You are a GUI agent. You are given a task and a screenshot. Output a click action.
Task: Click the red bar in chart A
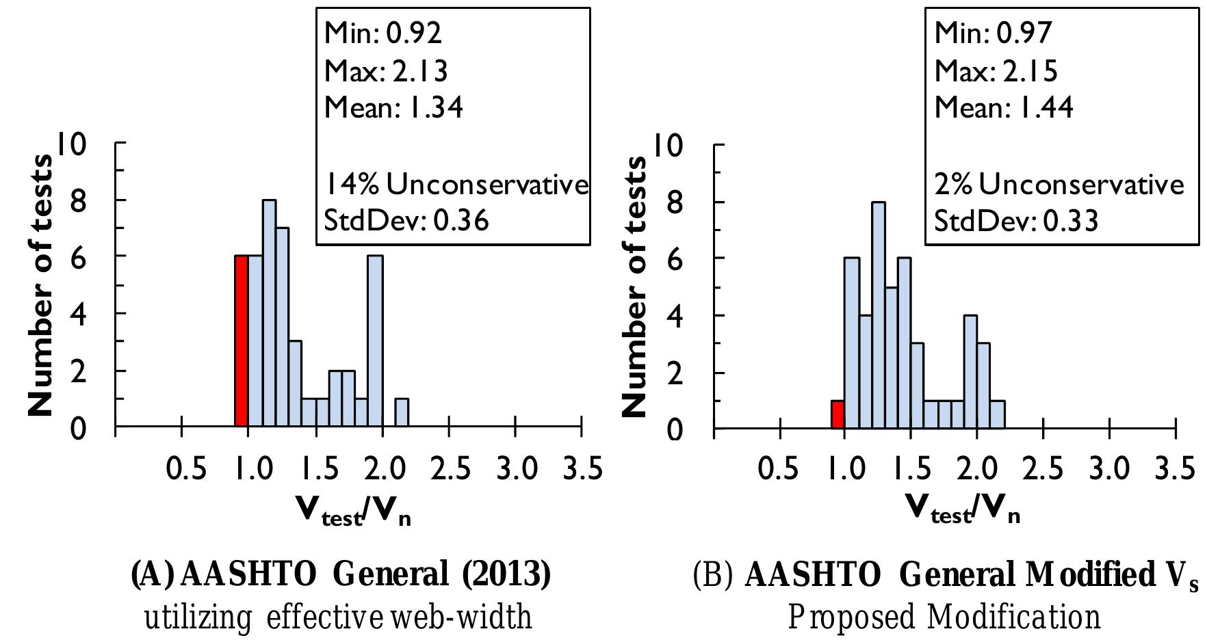(x=241, y=341)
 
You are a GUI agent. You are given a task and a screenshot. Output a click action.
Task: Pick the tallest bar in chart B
(x=878, y=315)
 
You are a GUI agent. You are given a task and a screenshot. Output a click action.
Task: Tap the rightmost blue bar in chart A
(x=402, y=413)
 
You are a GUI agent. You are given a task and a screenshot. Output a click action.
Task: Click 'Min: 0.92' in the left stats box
(x=382, y=32)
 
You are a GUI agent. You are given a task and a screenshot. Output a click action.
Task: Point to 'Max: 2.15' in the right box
(x=996, y=70)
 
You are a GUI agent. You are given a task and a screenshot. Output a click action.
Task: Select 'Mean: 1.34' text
(x=393, y=107)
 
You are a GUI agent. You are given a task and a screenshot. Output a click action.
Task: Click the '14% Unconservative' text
(x=456, y=184)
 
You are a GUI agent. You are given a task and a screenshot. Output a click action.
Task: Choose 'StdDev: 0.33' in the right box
(x=1016, y=221)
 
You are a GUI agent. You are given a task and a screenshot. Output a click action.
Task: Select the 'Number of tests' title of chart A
(x=40, y=285)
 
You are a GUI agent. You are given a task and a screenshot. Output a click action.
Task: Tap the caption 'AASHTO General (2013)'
(x=340, y=574)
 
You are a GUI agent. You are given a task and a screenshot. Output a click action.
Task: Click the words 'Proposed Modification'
(x=945, y=617)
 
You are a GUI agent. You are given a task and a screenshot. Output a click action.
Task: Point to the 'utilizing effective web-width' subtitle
(x=338, y=617)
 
